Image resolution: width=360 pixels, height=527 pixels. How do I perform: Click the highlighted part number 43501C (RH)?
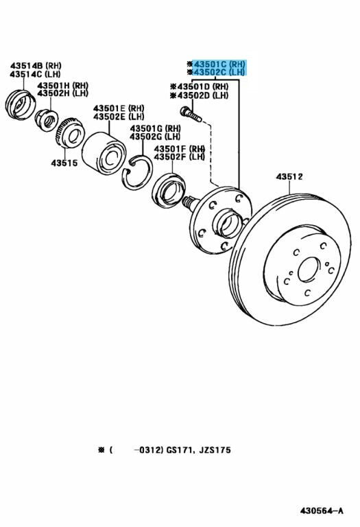tap(219, 64)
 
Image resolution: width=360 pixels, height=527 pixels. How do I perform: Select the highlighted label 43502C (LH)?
tap(219, 72)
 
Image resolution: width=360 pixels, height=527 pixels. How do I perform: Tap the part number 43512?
tap(289, 176)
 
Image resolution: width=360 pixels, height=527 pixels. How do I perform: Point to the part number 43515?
tap(64, 163)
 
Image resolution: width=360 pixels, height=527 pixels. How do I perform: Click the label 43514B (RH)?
tap(36, 66)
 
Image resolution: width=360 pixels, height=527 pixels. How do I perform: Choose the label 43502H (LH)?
tap(62, 93)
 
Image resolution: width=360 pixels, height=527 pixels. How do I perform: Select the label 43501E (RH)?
tap(119, 108)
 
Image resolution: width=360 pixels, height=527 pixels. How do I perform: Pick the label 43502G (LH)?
tap(155, 137)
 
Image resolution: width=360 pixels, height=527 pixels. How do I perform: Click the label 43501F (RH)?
tap(180, 148)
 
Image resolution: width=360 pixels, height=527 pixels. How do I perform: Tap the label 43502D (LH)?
tap(202, 95)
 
